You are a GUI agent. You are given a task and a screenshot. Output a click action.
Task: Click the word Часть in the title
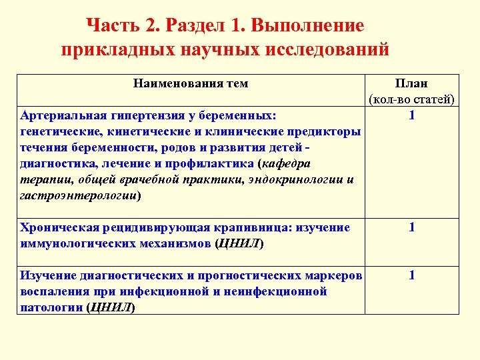tap(111, 27)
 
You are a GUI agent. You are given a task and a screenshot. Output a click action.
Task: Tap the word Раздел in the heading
tap(195, 27)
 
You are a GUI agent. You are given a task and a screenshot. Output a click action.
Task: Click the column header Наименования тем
tap(190, 83)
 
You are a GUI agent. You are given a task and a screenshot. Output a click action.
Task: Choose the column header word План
tap(411, 84)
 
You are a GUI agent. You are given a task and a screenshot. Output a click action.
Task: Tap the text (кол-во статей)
tap(411, 100)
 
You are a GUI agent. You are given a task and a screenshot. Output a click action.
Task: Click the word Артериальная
tap(62, 115)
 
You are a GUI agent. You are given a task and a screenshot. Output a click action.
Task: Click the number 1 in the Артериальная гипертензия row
tap(412, 115)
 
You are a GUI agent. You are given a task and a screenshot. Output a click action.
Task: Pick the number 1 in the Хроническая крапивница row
tap(412, 228)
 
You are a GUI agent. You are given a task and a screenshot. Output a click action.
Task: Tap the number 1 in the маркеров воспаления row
tap(412, 275)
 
